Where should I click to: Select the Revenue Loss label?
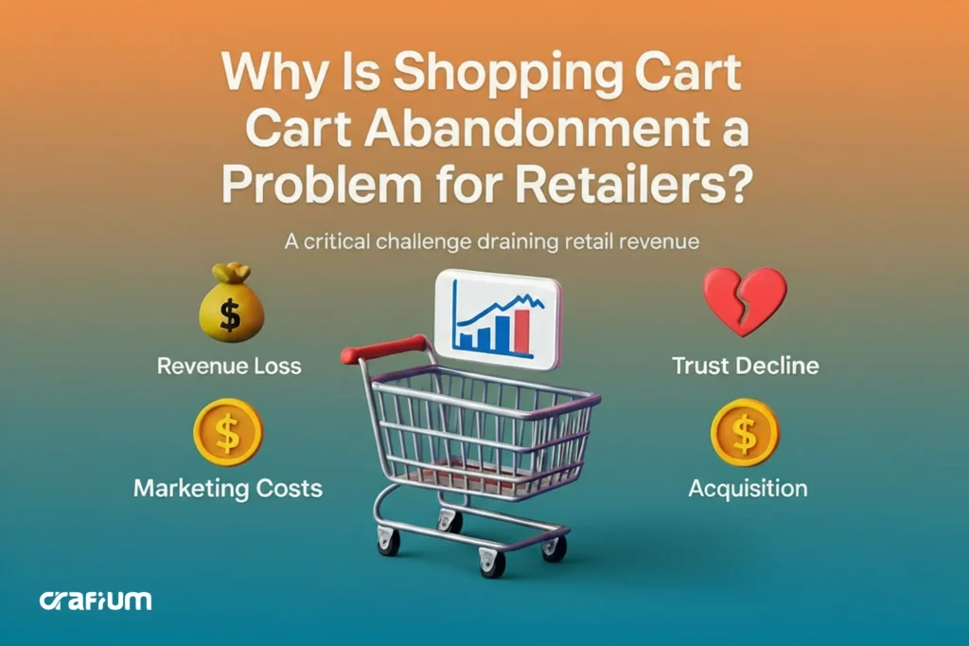pyautogui.click(x=230, y=366)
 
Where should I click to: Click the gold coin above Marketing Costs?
pyautogui.click(x=227, y=432)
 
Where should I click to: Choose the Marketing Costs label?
pyautogui.click(x=228, y=489)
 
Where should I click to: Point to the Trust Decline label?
pyautogui.click(x=745, y=366)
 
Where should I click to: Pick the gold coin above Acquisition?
pyautogui.click(x=745, y=432)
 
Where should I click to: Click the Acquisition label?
pyautogui.click(x=748, y=489)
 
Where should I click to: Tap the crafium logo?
pyautogui.click(x=96, y=600)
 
